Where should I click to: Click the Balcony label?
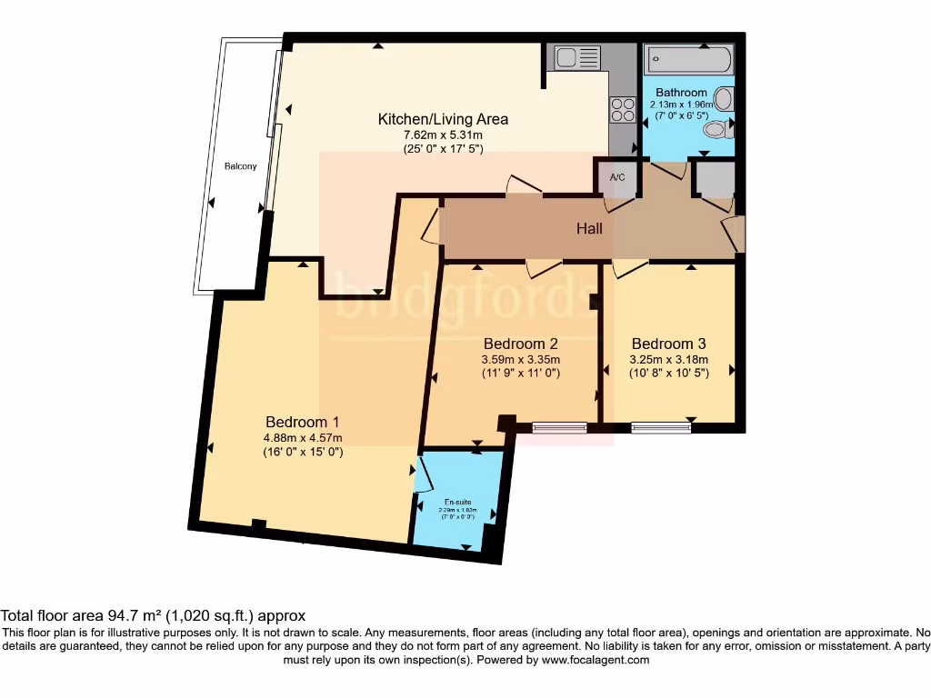point(241,166)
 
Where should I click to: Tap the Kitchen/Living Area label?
point(443,119)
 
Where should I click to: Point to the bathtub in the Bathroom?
point(688,60)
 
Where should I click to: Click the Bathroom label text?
point(681,93)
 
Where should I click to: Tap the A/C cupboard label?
point(617,177)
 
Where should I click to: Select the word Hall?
point(589,229)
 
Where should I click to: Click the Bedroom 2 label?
point(520,344)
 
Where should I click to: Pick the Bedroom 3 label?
point(668,344)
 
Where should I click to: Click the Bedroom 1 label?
point(302,422)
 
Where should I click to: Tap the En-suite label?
point(457,502)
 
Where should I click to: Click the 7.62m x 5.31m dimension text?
point(443,135)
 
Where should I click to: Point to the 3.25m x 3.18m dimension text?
point(668,359)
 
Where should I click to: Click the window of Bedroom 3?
point(661,426)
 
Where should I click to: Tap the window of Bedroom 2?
point(559,426)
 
